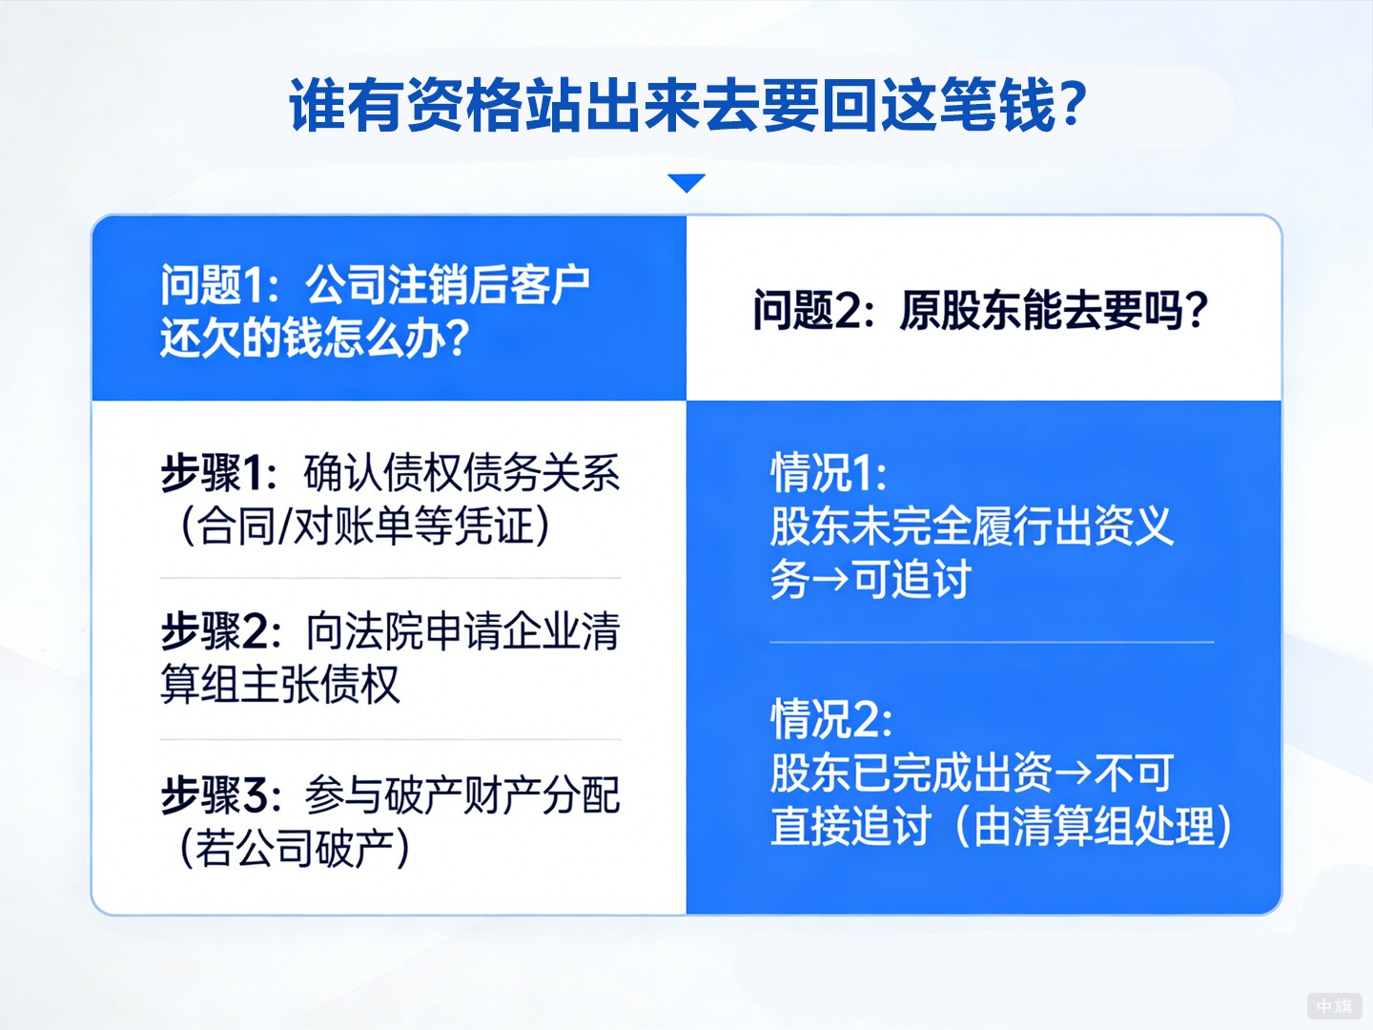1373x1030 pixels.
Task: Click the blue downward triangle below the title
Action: coord(686,182)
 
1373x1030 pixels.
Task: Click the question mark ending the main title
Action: coord(1072,105)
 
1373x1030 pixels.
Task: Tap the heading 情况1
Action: coord(826,472)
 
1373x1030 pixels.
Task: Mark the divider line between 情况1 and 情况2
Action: coord(992,642)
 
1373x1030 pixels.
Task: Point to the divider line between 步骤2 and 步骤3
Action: coord(391,739)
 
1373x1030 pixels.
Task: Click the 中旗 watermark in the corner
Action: coord(1334,1006)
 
